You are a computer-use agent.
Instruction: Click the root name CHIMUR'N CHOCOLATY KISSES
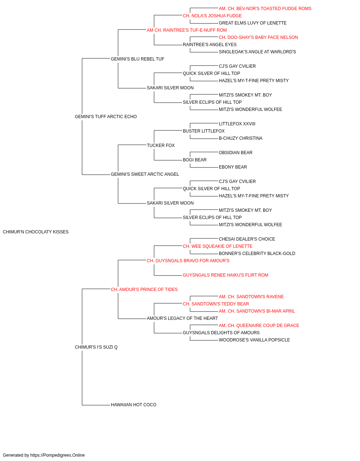click(36, 232)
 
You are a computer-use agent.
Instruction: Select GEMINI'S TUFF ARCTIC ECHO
click(106, 117)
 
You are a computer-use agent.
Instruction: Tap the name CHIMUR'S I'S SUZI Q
click(96, 347)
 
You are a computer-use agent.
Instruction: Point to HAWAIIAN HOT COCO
click(134, 405)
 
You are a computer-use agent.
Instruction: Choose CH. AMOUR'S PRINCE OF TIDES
click(144, 290)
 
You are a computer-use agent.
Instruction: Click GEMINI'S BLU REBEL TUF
click(138, 59)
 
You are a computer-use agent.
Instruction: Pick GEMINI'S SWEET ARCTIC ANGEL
click(145, 174)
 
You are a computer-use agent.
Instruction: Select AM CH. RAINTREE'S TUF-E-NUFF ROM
click(187, 30)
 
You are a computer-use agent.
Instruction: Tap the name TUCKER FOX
click(161, 146)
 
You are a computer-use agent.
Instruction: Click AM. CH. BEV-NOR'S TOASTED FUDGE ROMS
click(265, 9)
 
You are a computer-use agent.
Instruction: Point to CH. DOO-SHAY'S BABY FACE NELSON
click(258, 37)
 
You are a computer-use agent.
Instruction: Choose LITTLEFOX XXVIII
click(237, 124)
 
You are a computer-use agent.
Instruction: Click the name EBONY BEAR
click(233, 167)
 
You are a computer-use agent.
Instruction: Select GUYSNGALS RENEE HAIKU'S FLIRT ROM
click(225, 275)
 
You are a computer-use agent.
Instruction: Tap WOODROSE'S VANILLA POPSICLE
click(254, 340)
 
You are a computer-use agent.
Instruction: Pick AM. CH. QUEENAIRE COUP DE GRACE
click(259, 326)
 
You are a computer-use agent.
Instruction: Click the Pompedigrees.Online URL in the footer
click(58, 455)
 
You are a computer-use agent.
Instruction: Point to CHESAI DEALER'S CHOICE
click(247, 239)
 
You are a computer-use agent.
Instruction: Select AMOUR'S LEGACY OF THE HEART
click(182, 318)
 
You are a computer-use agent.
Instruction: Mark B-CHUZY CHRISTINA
click(240, 138)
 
